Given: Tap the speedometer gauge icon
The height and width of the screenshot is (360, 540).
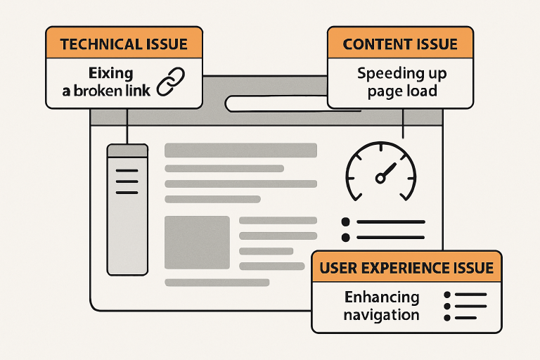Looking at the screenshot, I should click(381, 172).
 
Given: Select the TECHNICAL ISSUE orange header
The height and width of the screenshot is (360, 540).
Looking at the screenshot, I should click(124, 44).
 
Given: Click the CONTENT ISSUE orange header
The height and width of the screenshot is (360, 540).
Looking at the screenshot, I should click(400, 44).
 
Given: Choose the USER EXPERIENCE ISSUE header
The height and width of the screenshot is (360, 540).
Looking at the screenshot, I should click(406, 267).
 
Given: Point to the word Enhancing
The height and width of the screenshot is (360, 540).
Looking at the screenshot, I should click(381, 297).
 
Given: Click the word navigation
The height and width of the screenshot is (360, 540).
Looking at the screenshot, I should click(381, 315).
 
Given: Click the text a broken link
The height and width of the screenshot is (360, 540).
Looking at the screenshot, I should click(111, 91).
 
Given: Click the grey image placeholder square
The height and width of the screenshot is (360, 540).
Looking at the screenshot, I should click(197, 242).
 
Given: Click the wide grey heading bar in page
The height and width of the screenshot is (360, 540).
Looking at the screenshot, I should click(240, 150).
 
